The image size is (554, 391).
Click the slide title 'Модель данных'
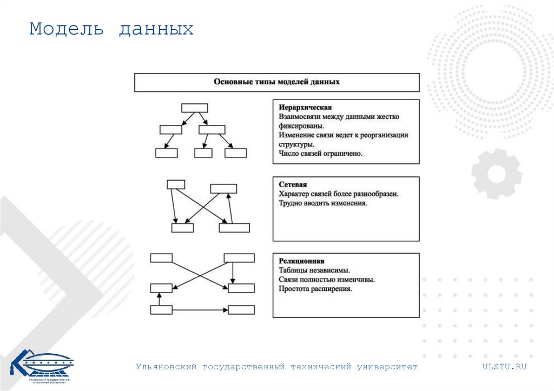[111, 29]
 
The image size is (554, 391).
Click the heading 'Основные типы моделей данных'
[276, 82]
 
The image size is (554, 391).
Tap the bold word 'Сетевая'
[293, 184]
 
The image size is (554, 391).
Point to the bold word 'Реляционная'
[301, 261]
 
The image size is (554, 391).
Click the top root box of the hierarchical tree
[194, 108]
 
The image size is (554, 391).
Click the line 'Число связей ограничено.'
[320, 154]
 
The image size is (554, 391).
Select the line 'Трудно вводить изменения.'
[323, 203]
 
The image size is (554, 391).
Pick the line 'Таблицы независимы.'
[314, 270]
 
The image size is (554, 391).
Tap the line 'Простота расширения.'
[315, 289]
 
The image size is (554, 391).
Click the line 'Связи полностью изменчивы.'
[327, 280]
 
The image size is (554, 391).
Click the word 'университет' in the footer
[387, 367]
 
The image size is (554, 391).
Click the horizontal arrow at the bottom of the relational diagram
[200, 310]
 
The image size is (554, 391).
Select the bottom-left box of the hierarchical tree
[166, 153]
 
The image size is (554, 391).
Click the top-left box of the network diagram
[176, 184]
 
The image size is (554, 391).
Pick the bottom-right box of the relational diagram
[241, 310]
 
